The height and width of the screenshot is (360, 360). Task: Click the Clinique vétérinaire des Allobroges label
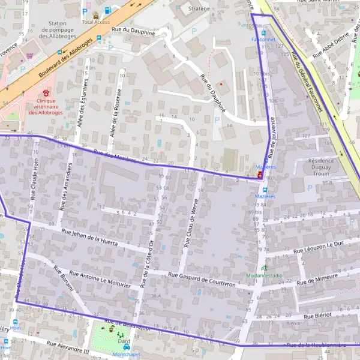coord(46,108)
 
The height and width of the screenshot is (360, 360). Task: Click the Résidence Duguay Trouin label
coord(311,167)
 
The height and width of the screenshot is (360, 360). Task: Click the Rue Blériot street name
coord(318,316)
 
